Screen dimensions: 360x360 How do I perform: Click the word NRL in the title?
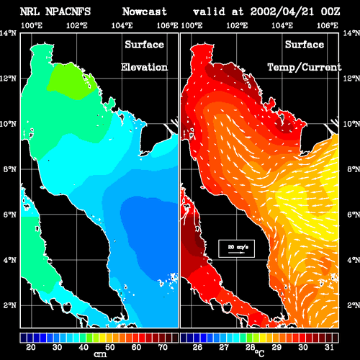[30, 12]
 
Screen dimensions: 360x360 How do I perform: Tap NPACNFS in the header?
[68, 12]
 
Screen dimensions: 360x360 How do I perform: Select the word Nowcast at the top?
[144, 12]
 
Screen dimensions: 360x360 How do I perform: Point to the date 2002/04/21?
[282, 12]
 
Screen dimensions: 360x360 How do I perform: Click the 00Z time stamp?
[330, 12]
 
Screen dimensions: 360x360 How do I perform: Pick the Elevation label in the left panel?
[144, 67]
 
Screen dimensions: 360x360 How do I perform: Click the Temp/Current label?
[305, 68]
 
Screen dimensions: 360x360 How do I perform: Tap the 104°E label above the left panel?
[122, 25]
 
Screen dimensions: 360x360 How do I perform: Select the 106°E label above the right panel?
[328, 25]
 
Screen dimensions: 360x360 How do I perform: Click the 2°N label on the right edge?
[354, 305]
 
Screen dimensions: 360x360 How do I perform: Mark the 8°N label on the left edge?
[10, 169]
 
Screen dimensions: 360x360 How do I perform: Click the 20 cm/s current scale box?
[236, 248]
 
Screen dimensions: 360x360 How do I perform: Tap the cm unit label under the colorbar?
[100, 354]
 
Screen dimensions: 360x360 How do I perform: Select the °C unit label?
[259, 353]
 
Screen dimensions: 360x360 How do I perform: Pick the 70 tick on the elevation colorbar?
[163, 347]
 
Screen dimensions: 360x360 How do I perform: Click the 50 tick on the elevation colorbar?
[110, 347]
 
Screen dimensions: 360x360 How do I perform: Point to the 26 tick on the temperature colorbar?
[197, 347]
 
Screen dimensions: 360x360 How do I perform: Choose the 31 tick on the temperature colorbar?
[329, 347]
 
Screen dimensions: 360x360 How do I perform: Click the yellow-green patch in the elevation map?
[72, 81]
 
